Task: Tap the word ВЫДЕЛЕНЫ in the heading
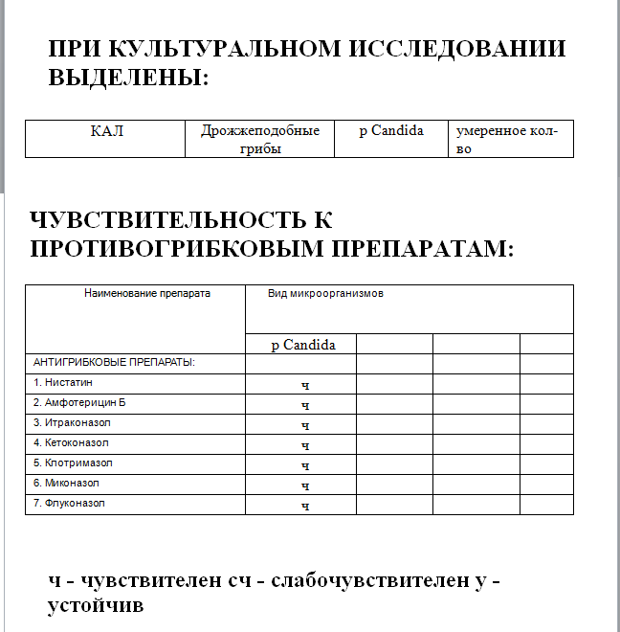coord(123,78)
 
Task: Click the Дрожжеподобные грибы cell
coord(260,139)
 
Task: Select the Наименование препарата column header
coord(147,294)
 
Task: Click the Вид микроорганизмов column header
coord(325,294)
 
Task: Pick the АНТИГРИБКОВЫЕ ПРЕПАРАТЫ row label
coord(114,363)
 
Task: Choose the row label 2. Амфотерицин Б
coord(79,403)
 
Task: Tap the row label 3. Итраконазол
coord(72,423)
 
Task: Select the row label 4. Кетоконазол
coord(72,443)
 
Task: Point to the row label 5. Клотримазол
coord(73,463)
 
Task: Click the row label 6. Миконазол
coord(66,484)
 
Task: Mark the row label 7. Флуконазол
coord(70,504)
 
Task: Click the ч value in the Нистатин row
coord(305,385)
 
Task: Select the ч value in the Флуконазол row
coord(305,506)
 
